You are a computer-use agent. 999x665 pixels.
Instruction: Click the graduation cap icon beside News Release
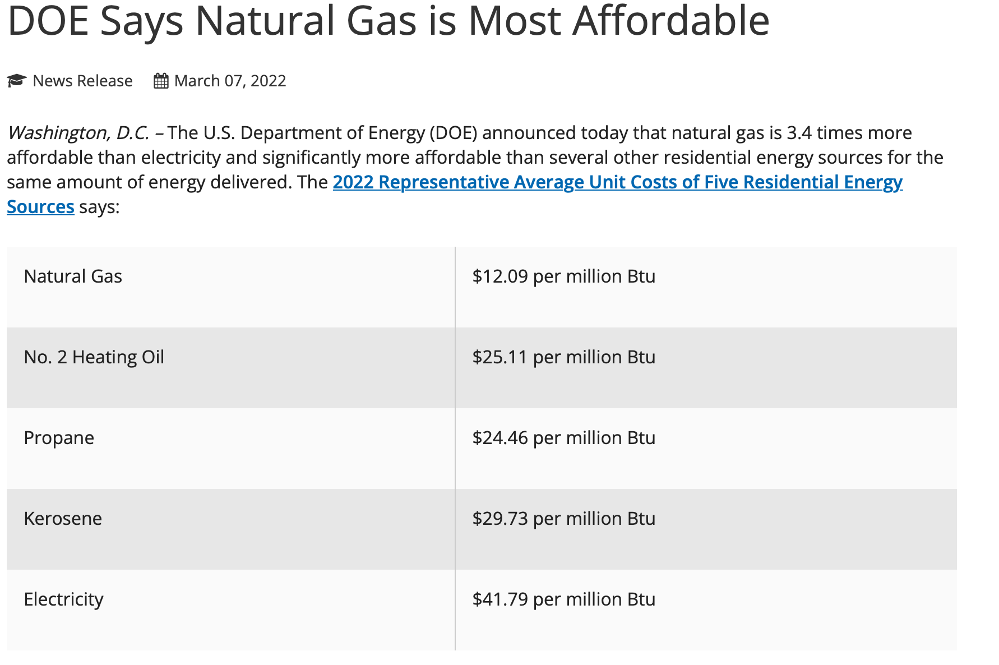pyautogui.click(x=17, y=81)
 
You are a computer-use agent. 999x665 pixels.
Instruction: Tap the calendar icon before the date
pyautogui.click(x=161, y=81)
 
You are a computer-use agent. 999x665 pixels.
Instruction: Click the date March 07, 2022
pyautogui.click(x=230, y=81)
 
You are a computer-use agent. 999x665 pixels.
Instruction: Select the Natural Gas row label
pyautogui.click(x=73, y=276)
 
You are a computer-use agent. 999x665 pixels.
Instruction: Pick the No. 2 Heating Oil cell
pyautogui.click(x=94, y=357)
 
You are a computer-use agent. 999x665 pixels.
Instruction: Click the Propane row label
pyautogui.click(x=59, y=438)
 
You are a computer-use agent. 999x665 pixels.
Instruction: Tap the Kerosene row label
pyautogui.click(x=63, y=519)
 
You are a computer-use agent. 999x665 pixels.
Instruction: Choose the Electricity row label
pyautogui.click(x=63, y=599)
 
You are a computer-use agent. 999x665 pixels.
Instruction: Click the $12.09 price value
pyautogui.click(x=500, y=276)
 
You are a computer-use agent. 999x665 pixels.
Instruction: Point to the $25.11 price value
pyautogui.click(x=500, y=357)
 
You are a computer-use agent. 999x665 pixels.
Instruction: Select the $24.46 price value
pyautogui.click(x=500, y=438)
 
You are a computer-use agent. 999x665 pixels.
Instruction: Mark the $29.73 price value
pyautogui.click(x=500, y=519)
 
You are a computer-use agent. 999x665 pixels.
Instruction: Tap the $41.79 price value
pyautogui.click(x=500, y=599)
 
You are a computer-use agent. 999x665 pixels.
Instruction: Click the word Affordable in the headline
pyautogui.click(x=670, y=21)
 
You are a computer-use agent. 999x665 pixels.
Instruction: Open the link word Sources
pyautogui.click(x=40, y=207)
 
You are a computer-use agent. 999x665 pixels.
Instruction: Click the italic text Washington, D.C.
pyautogui.click(x=78, y=133)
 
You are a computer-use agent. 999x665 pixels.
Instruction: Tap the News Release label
pyautogui.click(x=82, y=81)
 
